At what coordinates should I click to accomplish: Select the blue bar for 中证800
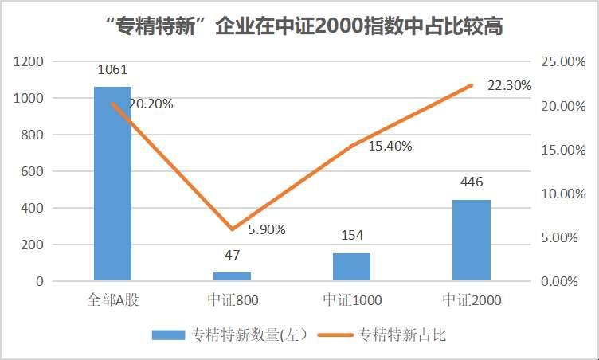coord(232,276)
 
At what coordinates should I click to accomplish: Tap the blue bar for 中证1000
coord(351,267)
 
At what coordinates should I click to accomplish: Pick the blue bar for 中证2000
coord(471,240)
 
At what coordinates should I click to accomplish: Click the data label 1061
coord(112,70)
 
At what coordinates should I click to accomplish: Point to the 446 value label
coord(472,182)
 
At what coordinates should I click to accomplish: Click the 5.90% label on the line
coord(267,229)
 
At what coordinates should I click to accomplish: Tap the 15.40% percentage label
coord(390,147)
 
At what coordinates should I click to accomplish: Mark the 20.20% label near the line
coord(151,104)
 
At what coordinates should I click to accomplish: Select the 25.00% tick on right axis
coord(563,61)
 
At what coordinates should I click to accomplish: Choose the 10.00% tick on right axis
coord(563,194)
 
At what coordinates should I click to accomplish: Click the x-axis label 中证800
coord(232,300)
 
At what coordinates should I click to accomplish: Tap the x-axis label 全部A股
coord(113,300)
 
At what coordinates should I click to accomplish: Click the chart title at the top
coord(299,27)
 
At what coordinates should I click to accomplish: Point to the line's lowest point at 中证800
coord(232,229)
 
